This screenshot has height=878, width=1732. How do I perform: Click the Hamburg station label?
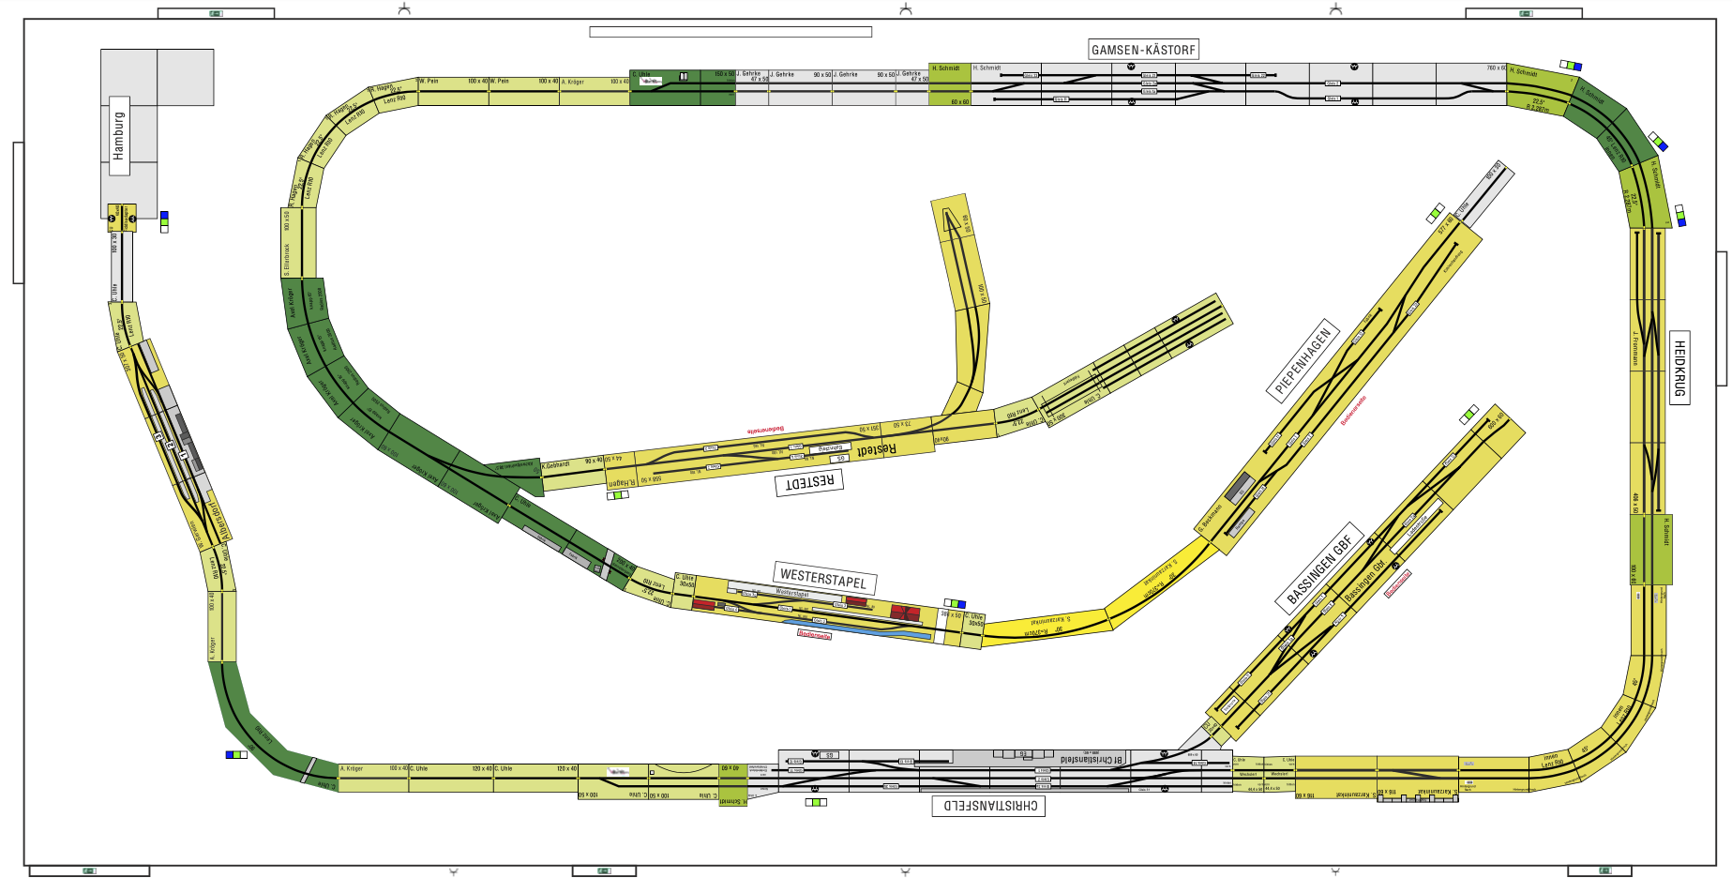119,135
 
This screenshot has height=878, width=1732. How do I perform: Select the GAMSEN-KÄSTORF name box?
1143,50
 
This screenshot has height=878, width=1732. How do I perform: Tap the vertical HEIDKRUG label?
1679,368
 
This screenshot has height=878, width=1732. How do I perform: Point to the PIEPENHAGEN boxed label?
1303,361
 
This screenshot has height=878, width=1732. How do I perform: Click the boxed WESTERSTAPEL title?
823,578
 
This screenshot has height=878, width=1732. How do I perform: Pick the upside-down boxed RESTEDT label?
808,482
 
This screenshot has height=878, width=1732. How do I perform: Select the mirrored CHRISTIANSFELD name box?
990,806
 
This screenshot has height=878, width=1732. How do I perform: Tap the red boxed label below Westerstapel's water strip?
814,635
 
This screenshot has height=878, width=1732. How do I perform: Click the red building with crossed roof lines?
904,613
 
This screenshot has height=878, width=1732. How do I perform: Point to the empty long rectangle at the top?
730,32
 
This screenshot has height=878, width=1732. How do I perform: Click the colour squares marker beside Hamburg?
164,222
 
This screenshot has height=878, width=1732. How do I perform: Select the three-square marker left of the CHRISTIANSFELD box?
816,803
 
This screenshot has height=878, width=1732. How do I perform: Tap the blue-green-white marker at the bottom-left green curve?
236,754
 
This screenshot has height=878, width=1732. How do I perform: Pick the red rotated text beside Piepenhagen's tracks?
1353,410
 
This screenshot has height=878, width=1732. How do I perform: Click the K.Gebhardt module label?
556,464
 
